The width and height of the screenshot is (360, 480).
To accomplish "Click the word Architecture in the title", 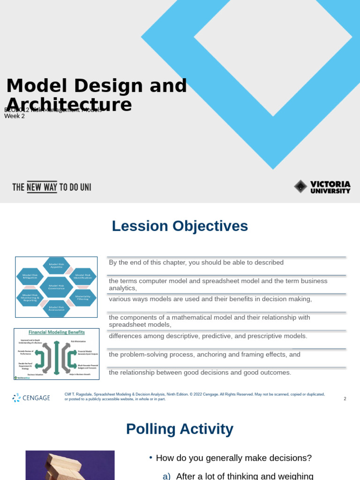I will pyautogui.click(x=69, y=105).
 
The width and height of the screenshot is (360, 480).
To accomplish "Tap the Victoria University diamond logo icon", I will pyautogui.click(x=300, y=187).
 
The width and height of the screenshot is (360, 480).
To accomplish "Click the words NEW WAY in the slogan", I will pyautogui.click(x=42, y=187).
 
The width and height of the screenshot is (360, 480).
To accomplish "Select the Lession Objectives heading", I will pyautogui.click(x=180, y=226).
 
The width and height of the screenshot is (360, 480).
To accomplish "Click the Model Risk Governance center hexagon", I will pyautogui.click(x=56, y=287).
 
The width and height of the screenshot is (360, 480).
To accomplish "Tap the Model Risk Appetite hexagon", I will pyautogui.click(x=56, y=266).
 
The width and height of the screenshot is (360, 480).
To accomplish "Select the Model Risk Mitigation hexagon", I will pyautogui.click(x=30, y=277).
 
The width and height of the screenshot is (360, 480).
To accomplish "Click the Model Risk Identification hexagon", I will pyautogui.click(x=83, y=277).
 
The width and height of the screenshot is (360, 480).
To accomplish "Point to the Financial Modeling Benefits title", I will pyautogui.click(x=57, y=332).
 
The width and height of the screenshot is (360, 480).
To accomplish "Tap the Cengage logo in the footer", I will pyautogui.click(x=31, y=398).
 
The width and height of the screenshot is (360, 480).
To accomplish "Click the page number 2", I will pyautogui.click(x=345, y=399).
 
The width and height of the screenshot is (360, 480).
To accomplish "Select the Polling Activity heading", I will pyautogui.click(x=180, y=429).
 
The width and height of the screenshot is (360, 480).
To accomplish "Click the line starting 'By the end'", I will pyautogui.click(x=196, y=262).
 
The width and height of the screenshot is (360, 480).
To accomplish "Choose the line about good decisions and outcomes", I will pyautogui.click(x=200, y=373).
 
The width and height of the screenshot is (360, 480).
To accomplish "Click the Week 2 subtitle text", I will pyautogui.click(x=15, y=116).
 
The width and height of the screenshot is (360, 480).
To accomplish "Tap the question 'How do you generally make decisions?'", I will pyautogui.click(x=233, y=458).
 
